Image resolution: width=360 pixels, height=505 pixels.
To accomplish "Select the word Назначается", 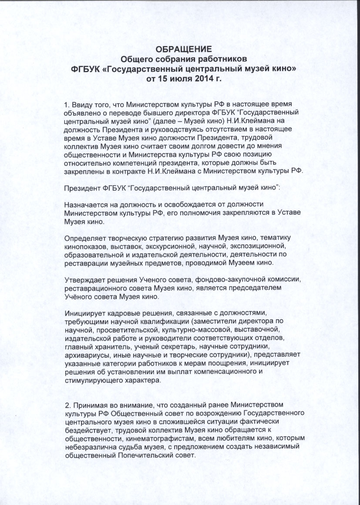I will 85,204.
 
